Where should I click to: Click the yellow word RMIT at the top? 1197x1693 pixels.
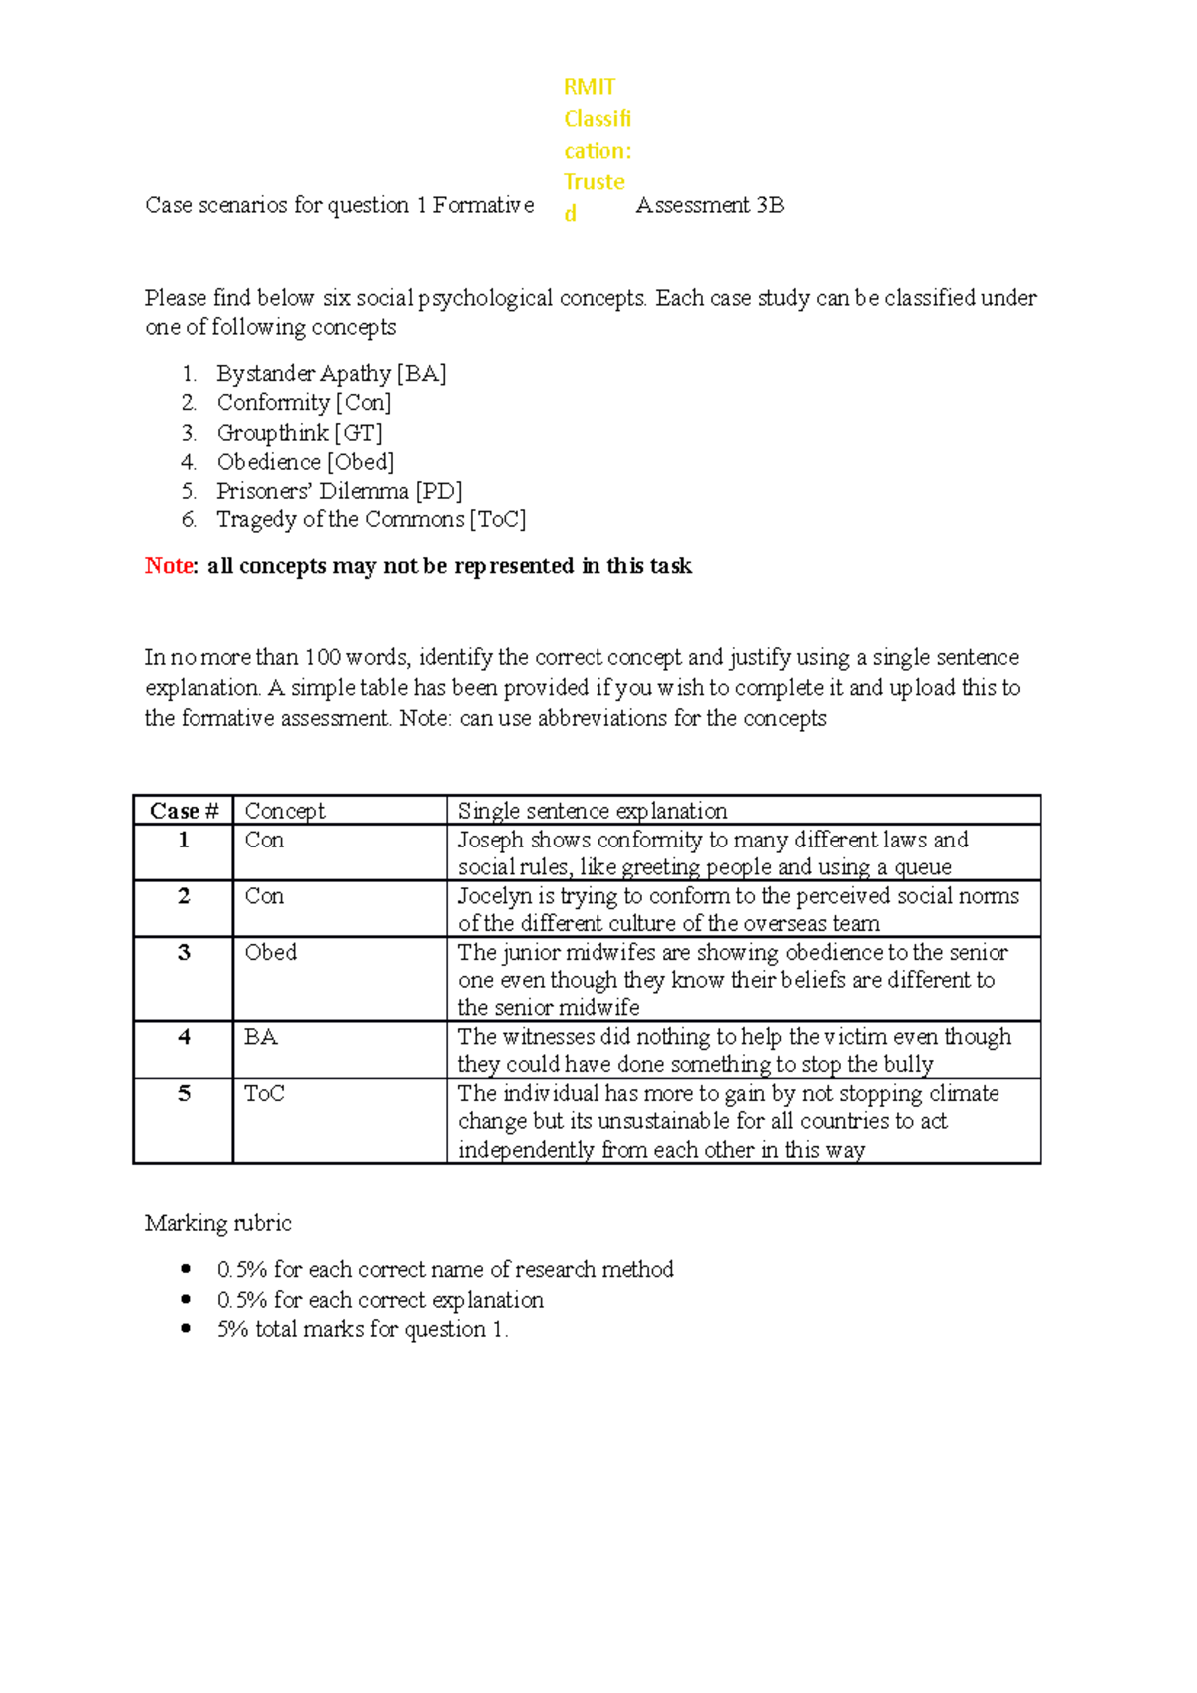[x=589, y=87]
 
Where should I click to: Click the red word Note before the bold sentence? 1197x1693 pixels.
[x=169, y=566]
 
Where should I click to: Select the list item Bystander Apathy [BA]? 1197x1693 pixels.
[x=330, y=374]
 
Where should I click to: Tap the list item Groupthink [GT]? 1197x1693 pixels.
[x=299, y=433]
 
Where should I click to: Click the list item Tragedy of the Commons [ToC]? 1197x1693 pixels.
[x=370, y=520]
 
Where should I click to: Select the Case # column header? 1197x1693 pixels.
[x=184, y=811]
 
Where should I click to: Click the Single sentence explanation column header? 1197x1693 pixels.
[x=592, y=811]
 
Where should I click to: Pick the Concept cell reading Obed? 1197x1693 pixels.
[x=270, y=953]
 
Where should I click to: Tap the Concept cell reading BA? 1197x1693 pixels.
[x=260, y=1037]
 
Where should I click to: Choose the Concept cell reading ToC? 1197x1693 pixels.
[x=264, y=1094]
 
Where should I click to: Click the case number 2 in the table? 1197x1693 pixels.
[x=184, y=896]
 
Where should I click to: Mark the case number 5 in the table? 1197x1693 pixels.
[x=184, y=1094]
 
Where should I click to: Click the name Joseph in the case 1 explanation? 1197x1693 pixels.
[x=490, y=840]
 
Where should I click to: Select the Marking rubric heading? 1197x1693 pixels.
[x=217, y=1223]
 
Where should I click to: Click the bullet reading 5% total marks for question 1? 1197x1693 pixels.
[x=362, y=1329]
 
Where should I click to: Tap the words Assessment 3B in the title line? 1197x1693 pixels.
[x=709, y=205]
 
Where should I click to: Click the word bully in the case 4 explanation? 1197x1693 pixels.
[x=908, y=1064]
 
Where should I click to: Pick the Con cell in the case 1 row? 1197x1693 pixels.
[x=264, y=840]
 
